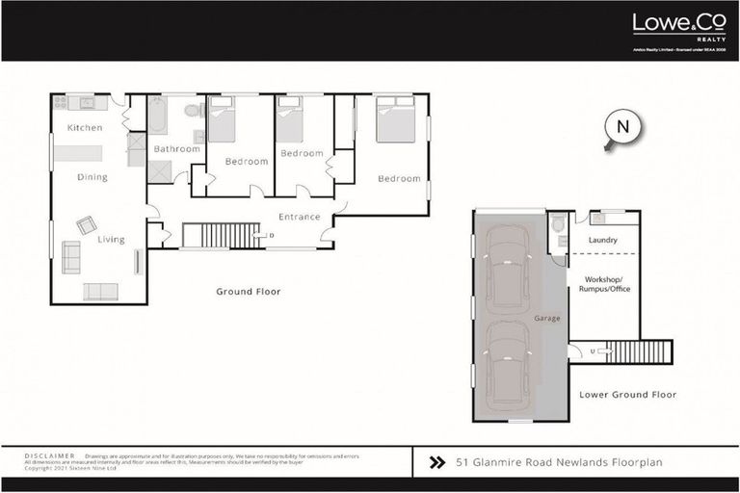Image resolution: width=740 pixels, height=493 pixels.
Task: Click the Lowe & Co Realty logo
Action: tap(671, 26)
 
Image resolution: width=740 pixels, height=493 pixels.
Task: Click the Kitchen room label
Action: tap(85, 128)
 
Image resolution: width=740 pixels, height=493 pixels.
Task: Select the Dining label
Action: tap(92, 177)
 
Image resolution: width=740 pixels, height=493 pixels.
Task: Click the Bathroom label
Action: tap(177, 149)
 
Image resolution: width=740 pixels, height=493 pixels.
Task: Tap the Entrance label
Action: tap(299, 217)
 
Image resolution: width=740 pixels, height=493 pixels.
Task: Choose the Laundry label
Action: tap(601, 241)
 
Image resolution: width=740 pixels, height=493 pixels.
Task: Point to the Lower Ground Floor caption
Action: tap(627, 395)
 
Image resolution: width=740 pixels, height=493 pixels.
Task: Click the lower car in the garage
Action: tap(507, 365)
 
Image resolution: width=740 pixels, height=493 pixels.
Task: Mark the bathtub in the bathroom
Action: tap(158, 116)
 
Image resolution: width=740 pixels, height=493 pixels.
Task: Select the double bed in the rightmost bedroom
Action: tap(395, 119)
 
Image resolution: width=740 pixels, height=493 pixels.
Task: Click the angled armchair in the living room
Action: tap(87, 224)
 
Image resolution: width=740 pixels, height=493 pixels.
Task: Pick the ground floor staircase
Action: tap(221, 235)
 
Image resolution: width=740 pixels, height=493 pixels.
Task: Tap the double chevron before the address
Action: tap(436, 462)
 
